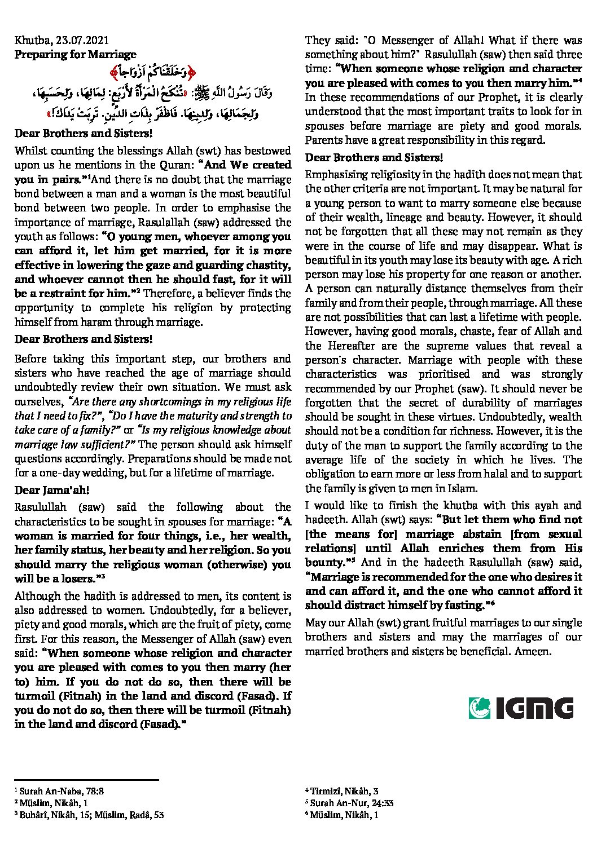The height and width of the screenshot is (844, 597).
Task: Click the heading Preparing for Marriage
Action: pos(75,55)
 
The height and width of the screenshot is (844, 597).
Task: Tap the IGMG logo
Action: pos(520,708)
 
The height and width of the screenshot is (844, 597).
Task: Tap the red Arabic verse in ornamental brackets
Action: pos(152,72)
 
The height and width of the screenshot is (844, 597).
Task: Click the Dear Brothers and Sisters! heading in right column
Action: pos(374,157)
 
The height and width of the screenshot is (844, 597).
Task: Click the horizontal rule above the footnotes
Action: pos(86,780)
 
